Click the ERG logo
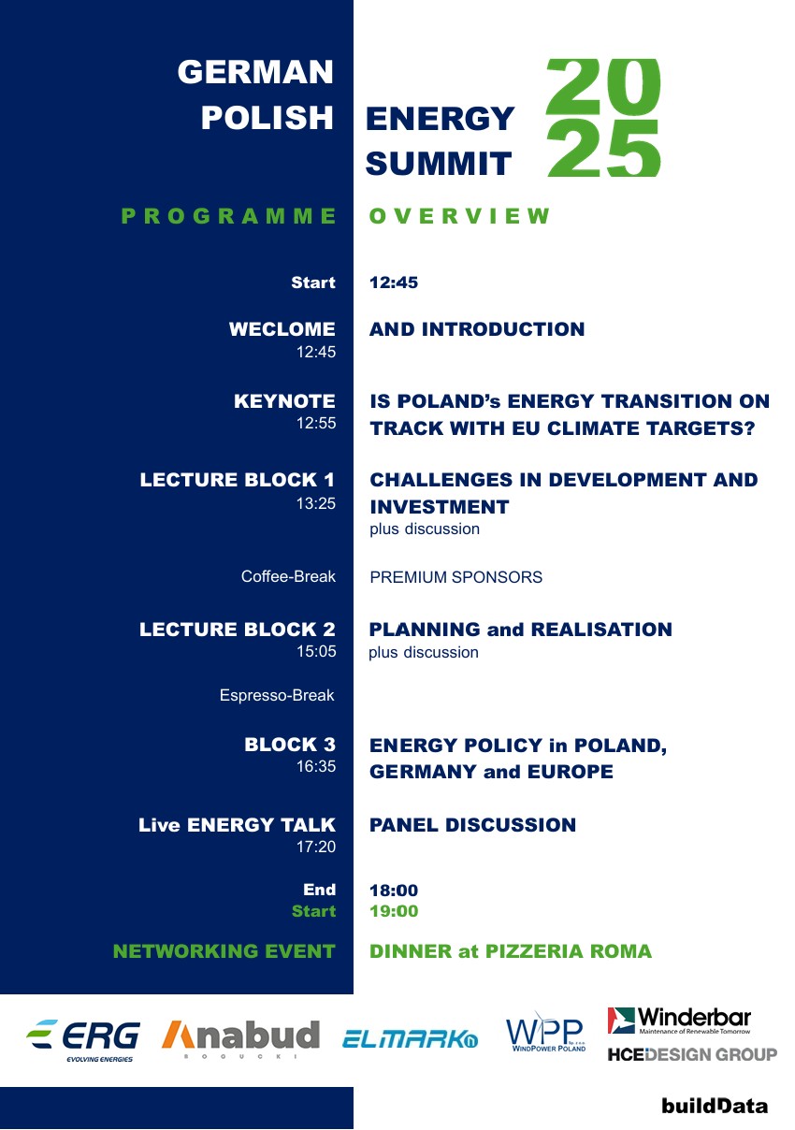point(83,1039)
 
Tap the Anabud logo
point(240,1037)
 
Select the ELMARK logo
point(410,1037)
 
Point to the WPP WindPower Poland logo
point(546,1033)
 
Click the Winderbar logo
point(679,1021)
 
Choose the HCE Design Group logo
point(692,1055)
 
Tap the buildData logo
point(715,1105)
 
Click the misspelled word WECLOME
point(282,329)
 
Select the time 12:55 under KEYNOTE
point(316,424)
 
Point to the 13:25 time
point(316,503)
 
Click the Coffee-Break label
point(288,577)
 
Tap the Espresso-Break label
point(277,696)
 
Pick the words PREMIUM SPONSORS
point(455,577)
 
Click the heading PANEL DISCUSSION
point(472,825)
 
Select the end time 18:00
point(394,891)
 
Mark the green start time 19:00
point(394,911)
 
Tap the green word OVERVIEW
point(460,217)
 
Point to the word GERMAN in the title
point(255,72)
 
